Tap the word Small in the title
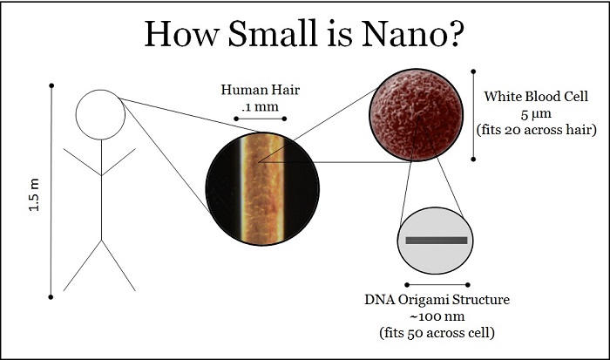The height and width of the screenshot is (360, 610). tap(272, 33)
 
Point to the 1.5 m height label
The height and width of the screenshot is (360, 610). tap(34, 194)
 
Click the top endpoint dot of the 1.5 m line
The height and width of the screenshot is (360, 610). tap(51, 85)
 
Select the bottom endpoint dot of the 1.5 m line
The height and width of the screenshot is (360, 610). tap(51, 297)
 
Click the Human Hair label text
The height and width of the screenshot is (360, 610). tap(261, 90)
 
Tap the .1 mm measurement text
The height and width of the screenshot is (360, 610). tap(260, 106)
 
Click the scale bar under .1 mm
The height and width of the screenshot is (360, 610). tap(261, 119)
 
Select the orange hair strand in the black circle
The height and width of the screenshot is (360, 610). tap(262, 189)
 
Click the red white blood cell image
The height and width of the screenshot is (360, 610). tap(417, 115)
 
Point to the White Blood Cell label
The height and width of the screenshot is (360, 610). tap(536, 97)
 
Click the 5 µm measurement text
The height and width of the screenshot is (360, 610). tap(536, 113)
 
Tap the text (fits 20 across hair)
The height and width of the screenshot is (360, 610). tap(537, 130)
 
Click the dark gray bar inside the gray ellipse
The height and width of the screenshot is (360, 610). tap(436, 240)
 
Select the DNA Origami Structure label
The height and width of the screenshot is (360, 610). tap(437, 300)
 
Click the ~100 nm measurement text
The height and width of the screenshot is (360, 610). tap(437, 316)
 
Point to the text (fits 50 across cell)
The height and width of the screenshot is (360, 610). tap(437, 333)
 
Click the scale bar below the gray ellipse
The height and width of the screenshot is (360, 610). tap(437, 285)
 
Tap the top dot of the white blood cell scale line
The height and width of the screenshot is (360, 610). tap(473, 71)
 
